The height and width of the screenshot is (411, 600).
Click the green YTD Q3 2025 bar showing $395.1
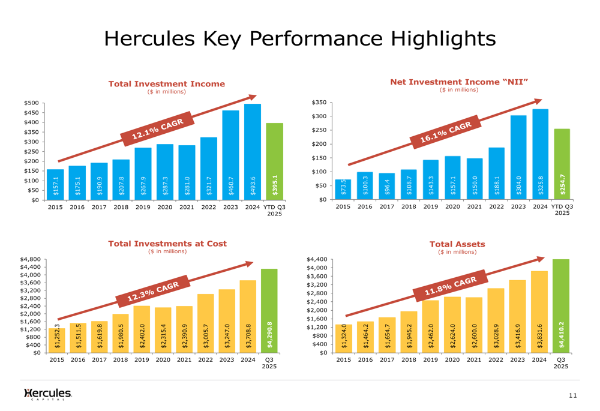point(274,161)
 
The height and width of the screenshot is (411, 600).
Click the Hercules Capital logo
point(47,394)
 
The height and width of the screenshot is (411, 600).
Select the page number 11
point(572,395)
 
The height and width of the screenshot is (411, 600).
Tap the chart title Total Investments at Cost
point(167,244)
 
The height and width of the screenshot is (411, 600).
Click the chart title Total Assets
point(457,244)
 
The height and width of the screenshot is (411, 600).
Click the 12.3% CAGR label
point(154,292)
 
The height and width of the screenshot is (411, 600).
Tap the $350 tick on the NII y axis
point(318,103)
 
